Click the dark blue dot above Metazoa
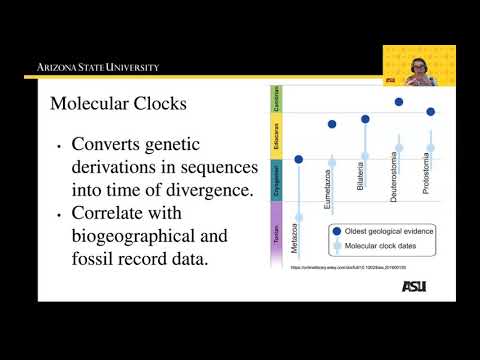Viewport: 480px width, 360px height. point(298,158)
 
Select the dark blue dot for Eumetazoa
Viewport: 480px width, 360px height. point(332,125)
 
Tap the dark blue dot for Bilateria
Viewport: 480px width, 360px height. point(365,119)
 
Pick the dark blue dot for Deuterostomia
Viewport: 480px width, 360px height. point(399,101)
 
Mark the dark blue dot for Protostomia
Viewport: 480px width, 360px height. point(431,111)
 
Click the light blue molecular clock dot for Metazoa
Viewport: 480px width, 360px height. point(298,216)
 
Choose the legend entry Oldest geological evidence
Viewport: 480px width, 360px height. point(386,230)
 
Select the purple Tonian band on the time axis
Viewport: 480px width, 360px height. point(276,233)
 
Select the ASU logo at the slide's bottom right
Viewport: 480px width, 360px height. point(413,286)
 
